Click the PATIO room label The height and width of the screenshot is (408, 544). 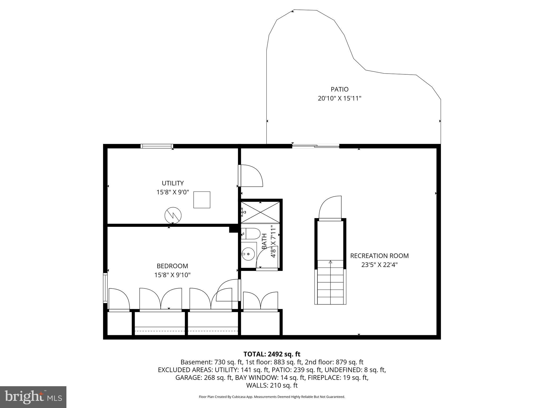coord(339,89)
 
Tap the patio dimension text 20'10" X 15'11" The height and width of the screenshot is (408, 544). coord(339,99)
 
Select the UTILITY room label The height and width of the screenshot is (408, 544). coord(173,183)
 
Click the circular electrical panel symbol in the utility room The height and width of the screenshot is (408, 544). coord(173,215)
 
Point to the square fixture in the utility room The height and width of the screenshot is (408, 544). coord(202,200)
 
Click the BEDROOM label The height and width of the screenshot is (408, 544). coord(172,266)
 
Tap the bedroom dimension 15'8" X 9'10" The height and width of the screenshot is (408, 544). coord(172,275)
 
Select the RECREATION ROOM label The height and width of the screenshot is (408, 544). coord(379,256)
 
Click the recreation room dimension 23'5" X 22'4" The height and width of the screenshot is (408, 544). coord(379,265)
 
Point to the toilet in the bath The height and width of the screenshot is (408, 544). coord(251,233)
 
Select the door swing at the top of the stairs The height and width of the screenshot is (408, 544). coord(330,208)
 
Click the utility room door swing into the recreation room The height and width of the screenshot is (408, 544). coord(251,175)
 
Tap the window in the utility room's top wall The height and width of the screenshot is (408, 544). coord(157,146)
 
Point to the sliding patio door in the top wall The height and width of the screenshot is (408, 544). coord(316,146)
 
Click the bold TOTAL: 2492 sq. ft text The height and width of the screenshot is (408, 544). coord(272,354)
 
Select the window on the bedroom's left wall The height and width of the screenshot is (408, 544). coord(105,288)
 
